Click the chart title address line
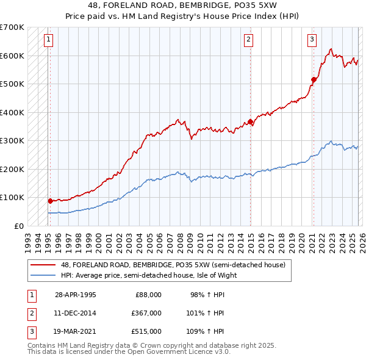182,5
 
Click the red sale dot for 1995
50,200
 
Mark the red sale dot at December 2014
251,122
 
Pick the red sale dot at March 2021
314,79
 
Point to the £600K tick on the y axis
12,56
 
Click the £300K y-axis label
12,140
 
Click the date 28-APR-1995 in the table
75,295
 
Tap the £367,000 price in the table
146,313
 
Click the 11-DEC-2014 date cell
75,313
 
